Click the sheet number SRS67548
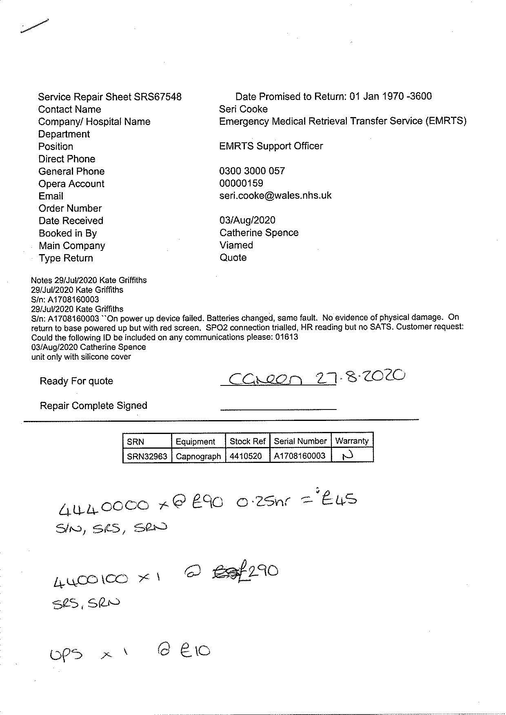point(158,97)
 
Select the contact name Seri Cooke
point(243,109)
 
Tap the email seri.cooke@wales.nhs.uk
point(275,196)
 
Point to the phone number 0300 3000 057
point(252,171)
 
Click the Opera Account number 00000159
point(241,184)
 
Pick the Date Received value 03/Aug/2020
point(247,221)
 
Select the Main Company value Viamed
point(236,246)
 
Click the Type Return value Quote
point(233,258)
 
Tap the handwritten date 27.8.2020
point(361,377)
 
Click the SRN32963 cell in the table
point(147,456)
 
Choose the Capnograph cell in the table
point(198,456)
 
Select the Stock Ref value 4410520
point(246,456)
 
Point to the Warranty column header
point(352,441)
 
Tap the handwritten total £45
point(339,500)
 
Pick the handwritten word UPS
point(66,654)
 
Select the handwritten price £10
point(195,650)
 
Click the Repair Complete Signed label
point(93,406)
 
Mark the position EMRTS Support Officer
point(271,146)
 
